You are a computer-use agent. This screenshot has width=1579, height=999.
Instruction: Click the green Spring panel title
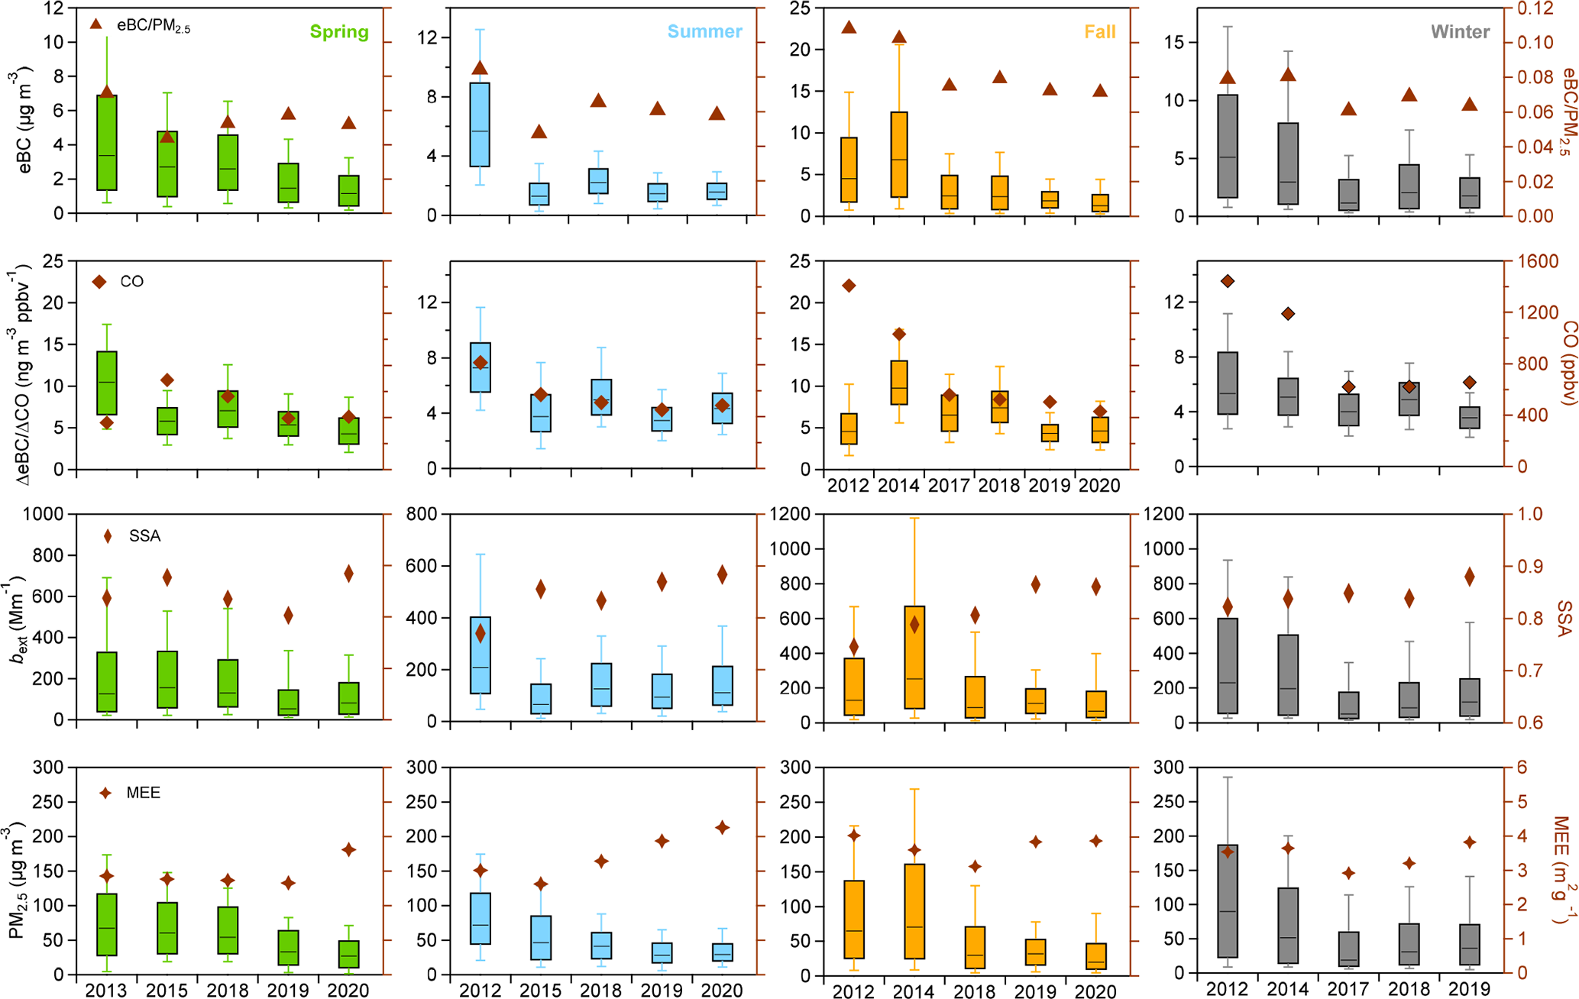pos(339,32)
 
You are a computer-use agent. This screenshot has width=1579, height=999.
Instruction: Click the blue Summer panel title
pos(704,32)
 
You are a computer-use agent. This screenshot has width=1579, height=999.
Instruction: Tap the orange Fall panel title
pos(1100,32)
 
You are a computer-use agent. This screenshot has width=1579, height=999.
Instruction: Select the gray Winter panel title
pos(1460,32)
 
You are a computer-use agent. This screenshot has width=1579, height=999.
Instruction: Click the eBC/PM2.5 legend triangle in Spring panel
pos(96,24)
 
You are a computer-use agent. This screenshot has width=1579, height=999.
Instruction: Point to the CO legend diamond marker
pos(99,282)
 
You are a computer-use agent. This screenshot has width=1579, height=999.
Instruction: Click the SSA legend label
pos(144,536)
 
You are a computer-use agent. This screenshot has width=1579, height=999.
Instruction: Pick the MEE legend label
pos(144,793)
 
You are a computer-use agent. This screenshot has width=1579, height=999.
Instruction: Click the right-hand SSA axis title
pos(1564,618)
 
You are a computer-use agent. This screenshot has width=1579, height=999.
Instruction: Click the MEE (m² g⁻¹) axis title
pos(1563,871)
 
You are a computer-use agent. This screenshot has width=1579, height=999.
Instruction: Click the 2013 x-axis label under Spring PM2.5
pos(106,990)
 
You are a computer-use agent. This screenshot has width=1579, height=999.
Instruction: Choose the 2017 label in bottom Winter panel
pos(1348,989)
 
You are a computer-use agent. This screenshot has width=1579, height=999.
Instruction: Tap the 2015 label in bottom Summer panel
pos(541,990)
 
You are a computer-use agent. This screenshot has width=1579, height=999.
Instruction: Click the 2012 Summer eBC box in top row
pos(480,124)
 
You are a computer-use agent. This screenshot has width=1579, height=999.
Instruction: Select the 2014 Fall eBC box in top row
pos(898,154)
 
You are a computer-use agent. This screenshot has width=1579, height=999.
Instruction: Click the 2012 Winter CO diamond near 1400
pos(1227,281)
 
